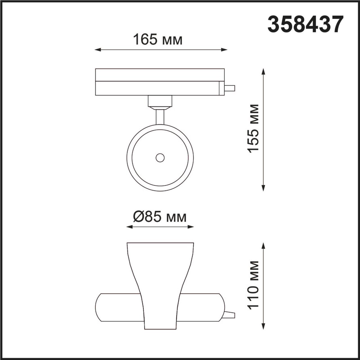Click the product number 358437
pyautogui.click(x=305, y=25)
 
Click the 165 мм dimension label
pyautogui.click(x=157, y=40)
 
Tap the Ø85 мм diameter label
pyautogui.click(x=160, y=217)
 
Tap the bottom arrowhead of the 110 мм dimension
pyautogui.click(x=263, y=327)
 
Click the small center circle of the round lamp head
pyautogui.click(x=160, y=157)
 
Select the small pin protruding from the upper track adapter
pyautogui.click(x=230, y=88)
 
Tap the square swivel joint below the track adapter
pyautogui.click(x=160, y=101)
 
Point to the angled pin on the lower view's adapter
pyautogui.click(x=229, y=315)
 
